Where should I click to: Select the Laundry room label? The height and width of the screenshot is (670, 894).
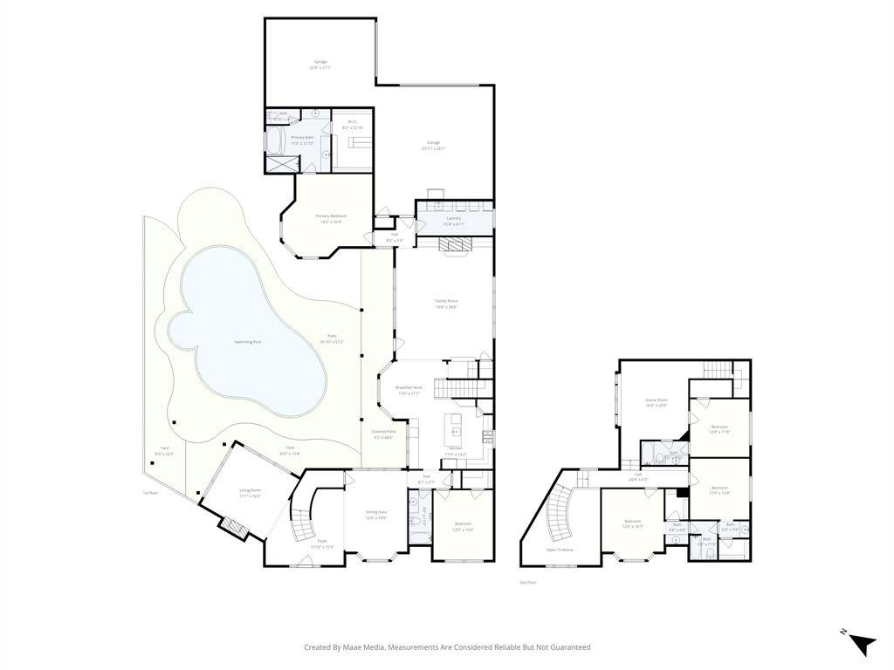(x=454, y=218)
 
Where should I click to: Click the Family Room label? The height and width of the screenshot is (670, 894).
(x=447, y=301)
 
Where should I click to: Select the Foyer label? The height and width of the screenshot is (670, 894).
(x=322, y=542)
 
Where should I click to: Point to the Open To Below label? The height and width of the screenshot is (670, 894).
(x=560, y=550)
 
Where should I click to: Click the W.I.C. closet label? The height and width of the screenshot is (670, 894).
(x=352, y=122)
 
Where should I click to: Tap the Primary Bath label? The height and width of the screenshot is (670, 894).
(x=302, y=138)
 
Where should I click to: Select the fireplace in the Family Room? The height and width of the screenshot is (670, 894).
(x=454, y=247)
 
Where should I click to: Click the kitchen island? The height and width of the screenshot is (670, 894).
(x=455, y=426)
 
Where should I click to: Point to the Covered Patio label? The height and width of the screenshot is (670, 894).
(x=383, y=434)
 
